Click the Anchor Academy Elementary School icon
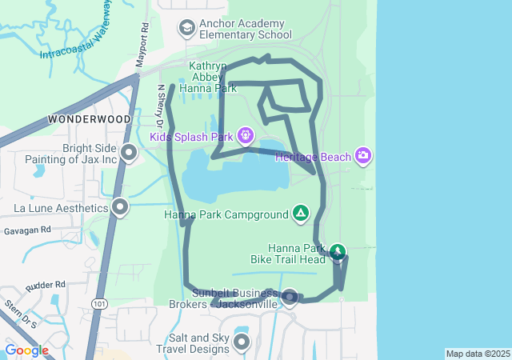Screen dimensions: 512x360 [x=187, y=30]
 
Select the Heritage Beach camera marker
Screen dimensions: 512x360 [x=363, y=155]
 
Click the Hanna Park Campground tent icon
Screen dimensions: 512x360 [x=300, y=213]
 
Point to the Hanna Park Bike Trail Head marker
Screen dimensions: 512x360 [x=338, y=253]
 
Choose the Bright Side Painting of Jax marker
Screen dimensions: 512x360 [x=129, y=151]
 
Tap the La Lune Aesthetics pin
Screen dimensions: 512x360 [x=120, y=208]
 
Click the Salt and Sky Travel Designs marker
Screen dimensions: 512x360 [x=241, y=342]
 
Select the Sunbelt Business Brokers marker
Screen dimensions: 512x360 [x=290, y=298]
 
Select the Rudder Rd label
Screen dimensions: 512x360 [x=45, y=286]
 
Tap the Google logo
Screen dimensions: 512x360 [x=26, y=350]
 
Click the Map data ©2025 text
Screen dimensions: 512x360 [x=478, y=354]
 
